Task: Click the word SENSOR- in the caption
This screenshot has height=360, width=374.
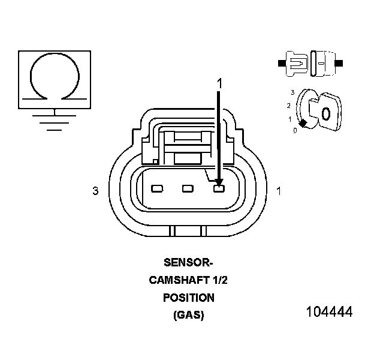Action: [x=188, y=262]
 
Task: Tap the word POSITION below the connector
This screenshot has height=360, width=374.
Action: [x=188, y=298]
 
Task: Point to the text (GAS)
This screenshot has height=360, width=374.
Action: [x=188, y=316]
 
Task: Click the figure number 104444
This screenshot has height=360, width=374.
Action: [x=329, y=313]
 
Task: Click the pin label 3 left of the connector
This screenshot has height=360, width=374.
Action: [x=95, y=191]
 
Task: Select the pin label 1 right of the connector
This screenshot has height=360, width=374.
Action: [x=279, y=191]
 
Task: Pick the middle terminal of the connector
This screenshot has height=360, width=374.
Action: [x=188, y=190]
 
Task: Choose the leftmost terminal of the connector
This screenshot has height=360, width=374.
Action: [x=157, y=190]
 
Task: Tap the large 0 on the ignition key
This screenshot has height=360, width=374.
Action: [x=325, y=113]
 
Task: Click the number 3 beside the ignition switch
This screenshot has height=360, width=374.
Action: [x=292, y=92]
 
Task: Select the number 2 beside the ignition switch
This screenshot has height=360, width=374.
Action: [x=289, y=106]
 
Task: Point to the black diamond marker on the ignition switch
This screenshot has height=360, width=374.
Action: [x=303, y=123]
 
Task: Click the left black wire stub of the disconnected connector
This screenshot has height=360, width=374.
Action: [x=280, y=62]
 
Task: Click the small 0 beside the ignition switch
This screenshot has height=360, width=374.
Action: [x=295, y=130]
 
